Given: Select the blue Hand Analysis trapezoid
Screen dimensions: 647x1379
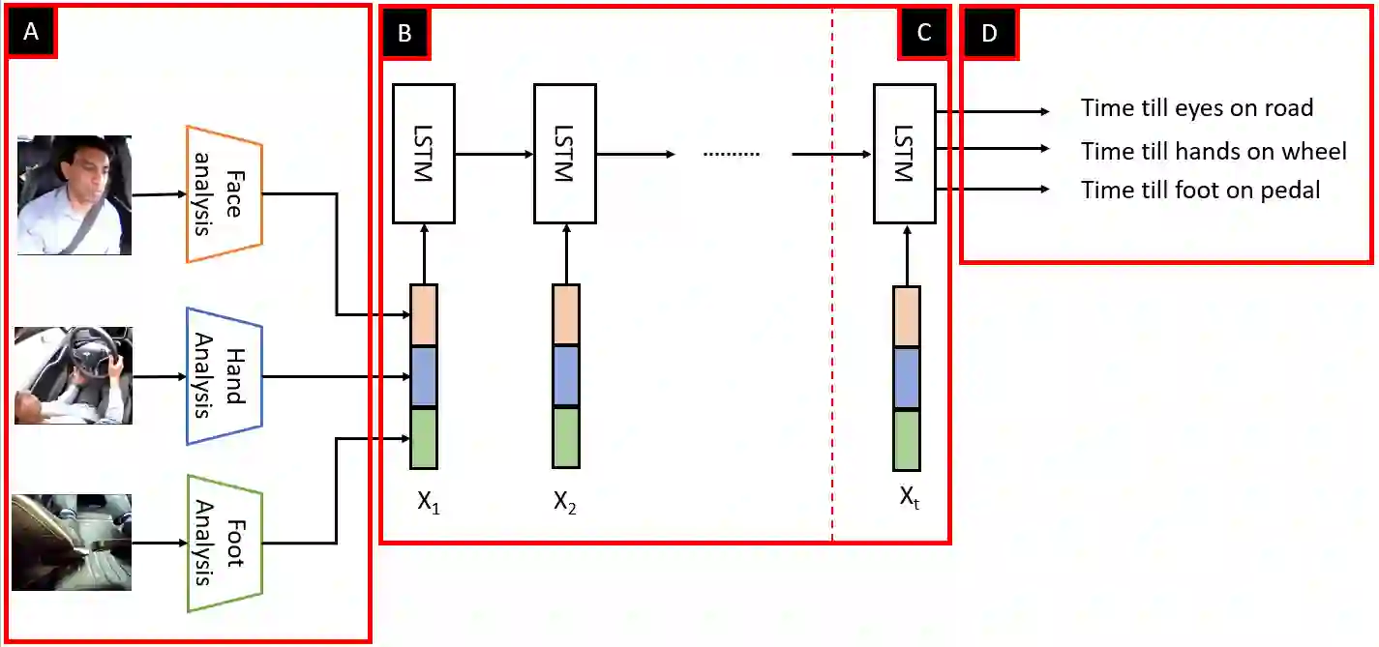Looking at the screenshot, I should pos(225,376).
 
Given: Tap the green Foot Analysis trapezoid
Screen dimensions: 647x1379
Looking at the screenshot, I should pos(225,543).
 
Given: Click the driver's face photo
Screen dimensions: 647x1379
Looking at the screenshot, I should pos(75,194).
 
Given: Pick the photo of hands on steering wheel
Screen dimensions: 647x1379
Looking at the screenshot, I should pos(74,375).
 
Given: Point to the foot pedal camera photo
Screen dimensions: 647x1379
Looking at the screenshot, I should pos(74,542).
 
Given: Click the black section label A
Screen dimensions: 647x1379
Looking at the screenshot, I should pos(31,32).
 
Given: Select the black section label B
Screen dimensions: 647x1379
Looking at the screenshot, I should pos(405,32).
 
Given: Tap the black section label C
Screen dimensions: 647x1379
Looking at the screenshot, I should pos(923,32).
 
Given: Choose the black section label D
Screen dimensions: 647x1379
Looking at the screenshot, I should pos(989,32).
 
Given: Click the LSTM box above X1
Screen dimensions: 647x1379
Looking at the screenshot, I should pos(423,154).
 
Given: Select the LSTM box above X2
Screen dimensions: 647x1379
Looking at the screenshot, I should pos(565,154).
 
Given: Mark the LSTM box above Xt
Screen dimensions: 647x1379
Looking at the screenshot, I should pos(904,154).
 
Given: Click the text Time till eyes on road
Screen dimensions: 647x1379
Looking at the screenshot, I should pos(1197,107).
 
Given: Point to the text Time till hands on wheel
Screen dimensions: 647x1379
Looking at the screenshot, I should pos(1214,151).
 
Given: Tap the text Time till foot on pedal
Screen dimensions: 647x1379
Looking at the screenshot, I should pos(1200,190).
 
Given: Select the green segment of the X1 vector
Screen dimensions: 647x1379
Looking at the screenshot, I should pos(424,438).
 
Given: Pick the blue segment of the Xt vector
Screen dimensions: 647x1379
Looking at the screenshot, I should pos(906,378).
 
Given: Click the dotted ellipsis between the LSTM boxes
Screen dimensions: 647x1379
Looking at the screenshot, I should pos(731,155).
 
